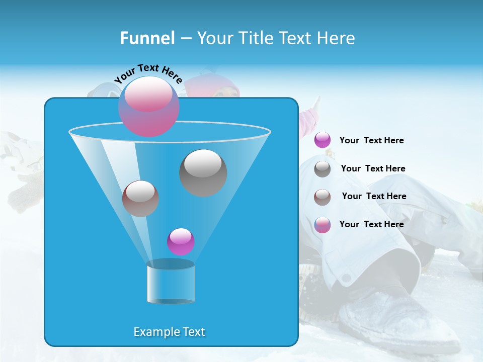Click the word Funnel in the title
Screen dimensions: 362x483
click(147, 38)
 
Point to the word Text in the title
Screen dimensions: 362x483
click(295, 38)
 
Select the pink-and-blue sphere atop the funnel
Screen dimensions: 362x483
click(148, 107)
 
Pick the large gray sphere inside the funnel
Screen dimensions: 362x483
click(203, 172)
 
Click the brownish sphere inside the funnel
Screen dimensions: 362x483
click(140, 198)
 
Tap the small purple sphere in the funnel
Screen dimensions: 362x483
click(181, 241)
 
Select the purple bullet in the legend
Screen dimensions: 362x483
click(323, 140)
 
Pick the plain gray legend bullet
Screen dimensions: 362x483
click(323, 169)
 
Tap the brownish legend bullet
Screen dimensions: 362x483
click(323, 197)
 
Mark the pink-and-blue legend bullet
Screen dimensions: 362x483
click(323, 225)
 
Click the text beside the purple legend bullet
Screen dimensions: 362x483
click(371, 141)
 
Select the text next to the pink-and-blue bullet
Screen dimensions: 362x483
click(371, 225)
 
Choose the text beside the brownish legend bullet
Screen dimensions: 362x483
click(374, 197)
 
